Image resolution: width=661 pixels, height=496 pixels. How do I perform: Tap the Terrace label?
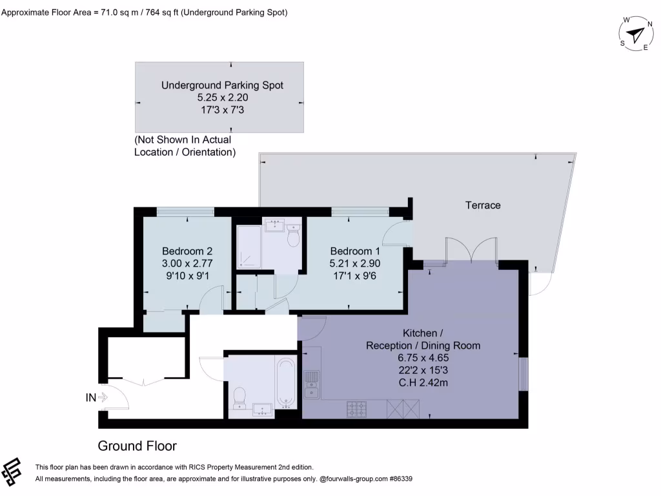[483, 205]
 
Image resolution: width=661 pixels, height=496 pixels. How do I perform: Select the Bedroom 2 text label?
[187, 251]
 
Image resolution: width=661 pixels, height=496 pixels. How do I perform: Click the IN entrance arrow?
[96, 398]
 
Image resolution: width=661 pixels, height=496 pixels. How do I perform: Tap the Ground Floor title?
[137, 446]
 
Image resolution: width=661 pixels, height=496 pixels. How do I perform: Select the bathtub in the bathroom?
[287, 384]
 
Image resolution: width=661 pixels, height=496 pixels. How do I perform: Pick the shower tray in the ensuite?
[249, 246]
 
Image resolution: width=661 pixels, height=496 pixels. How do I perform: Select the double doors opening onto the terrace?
[471, 251]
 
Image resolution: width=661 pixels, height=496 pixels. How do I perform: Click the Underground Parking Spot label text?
[222, 85]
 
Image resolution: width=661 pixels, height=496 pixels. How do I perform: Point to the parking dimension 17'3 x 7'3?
[222, 110]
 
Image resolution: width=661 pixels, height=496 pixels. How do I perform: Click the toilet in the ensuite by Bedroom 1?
[292, 237]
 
